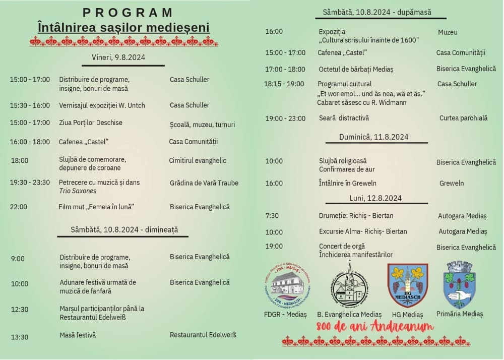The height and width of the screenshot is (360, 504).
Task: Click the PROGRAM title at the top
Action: click(128, 13)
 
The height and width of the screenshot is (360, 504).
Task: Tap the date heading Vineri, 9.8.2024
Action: click(118, 57)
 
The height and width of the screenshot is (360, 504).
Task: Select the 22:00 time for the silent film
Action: click(19, 207)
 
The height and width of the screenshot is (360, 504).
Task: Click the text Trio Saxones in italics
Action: click(78, 191)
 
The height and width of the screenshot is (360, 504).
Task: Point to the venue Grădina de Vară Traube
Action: click(204, 183)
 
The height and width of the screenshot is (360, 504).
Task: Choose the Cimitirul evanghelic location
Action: click(198, 161)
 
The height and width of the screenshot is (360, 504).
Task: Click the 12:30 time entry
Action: click(20, 310)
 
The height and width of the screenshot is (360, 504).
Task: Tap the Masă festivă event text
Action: click(78, 335)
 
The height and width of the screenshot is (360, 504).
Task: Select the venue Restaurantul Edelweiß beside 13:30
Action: click(203, 335)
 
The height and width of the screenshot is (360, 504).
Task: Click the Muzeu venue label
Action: click(448, 32)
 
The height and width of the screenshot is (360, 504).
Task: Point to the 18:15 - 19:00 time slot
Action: click(284, 84)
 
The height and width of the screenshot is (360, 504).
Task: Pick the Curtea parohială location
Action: click(464, 118)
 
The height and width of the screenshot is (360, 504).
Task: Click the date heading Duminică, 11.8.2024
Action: click(374, 137)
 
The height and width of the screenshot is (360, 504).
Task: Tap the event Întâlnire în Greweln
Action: click(348, 183)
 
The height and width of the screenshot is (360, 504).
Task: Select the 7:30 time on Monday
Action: click(272, 216)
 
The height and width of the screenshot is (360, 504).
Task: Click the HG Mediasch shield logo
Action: click(407, 285)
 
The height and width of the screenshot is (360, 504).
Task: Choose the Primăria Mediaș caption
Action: click(460, 314)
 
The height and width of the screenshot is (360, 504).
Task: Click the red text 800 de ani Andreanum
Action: click(375, 327)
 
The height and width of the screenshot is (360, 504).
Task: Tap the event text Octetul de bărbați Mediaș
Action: click(356, 69)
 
